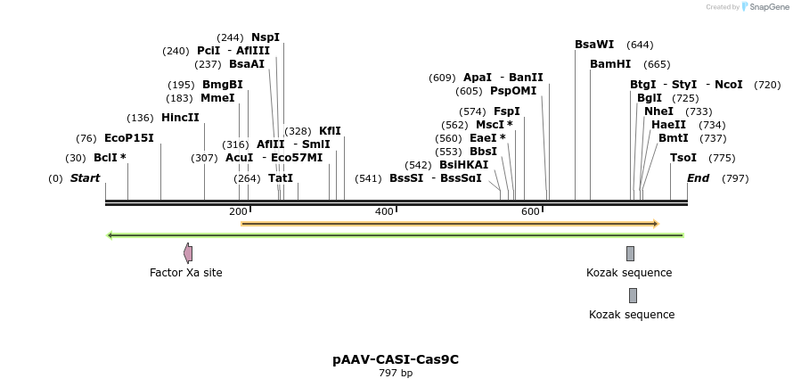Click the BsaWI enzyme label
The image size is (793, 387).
tap(594, 45)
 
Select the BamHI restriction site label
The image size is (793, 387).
tap(610, 64)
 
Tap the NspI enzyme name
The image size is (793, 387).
tap(266, 37)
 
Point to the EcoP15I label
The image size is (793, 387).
tap(129, 138)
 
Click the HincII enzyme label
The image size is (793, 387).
tap(180, 118)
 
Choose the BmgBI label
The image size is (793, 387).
tap(223, 85)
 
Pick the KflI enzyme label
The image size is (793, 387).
tap(330, 131)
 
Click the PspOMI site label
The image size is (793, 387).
tap(513, 91)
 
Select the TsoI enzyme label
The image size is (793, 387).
tap(683, 158)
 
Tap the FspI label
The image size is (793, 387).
tap(507, 111)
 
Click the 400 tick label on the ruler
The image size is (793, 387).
tap(384, 211)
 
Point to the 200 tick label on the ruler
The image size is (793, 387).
tap(238, 211)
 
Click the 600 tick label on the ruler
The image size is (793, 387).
tap(530, 211)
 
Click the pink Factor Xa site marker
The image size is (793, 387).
tap(188, 253)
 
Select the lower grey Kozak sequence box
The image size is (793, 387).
tap(633, 295)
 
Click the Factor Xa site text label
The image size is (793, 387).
tap(186, 273)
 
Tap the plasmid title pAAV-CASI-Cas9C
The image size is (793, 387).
tap(396, 359)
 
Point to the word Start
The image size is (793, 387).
tap(86, 178)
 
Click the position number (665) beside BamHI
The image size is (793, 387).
tap(657, 64)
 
